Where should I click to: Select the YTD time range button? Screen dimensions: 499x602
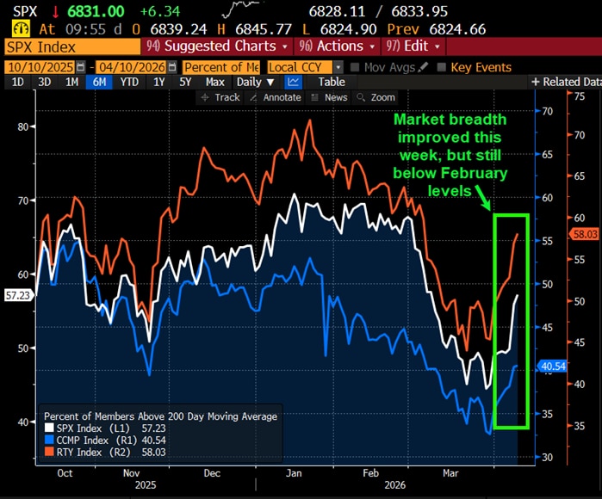click(130, 82)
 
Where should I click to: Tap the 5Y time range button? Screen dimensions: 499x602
click(184, 82)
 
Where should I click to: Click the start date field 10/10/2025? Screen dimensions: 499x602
click(40, 66)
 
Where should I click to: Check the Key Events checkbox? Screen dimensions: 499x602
click(442, 66)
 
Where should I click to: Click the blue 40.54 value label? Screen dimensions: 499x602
click(551, 366)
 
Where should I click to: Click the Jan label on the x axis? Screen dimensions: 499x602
click(294, 472)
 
